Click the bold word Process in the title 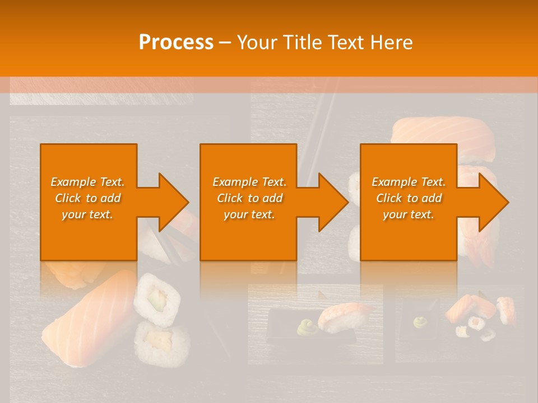[176, 43]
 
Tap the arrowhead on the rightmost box [493, 202]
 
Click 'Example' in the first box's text [73, 182]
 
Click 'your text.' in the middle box [249, 214]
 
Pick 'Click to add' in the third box [409, 198]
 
